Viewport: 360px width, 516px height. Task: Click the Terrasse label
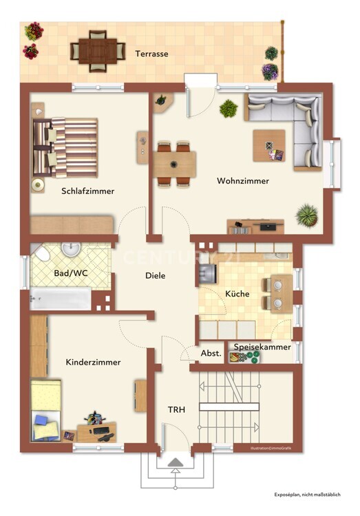pos(151,53)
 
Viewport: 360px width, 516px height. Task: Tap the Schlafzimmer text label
pos(87,191)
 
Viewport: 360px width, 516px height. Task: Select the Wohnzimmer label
pos(243,181)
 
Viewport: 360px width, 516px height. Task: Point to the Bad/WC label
pos(70,272)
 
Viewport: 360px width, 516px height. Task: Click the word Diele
pos(156,275)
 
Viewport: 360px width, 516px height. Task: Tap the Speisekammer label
pos(262,347)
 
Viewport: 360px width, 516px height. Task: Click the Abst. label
pos(211,353)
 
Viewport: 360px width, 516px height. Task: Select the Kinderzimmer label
pos(93,362)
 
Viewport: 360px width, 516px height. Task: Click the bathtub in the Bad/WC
pos(61,299)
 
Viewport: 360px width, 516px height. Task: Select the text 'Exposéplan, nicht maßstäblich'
pos(307,495)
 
